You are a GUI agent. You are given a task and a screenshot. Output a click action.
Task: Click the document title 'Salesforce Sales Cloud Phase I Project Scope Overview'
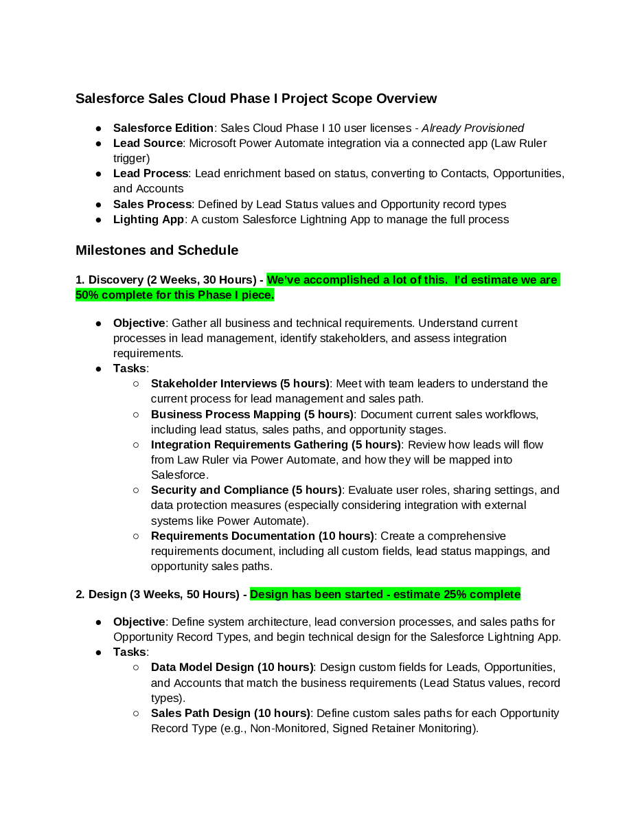tap(256, 99)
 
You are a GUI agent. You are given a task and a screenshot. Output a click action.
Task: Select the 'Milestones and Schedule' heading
tap(157, 251)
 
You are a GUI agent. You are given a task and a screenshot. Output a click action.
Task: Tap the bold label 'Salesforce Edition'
tap(163, 128)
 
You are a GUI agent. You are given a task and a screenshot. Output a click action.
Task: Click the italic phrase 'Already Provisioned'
tap(472, 128)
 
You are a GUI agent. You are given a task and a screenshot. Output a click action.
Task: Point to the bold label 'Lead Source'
tap(148, 144)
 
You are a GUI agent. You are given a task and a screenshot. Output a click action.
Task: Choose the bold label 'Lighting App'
tap(149, 220)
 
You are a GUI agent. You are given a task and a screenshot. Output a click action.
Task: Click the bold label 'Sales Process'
tap(152, 205)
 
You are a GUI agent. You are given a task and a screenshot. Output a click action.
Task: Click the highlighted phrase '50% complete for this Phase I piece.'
tap(175, 295)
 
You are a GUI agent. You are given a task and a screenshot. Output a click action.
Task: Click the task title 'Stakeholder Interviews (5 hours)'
tap(240, 384)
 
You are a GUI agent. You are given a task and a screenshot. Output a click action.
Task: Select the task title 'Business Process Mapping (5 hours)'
tap(252, 415)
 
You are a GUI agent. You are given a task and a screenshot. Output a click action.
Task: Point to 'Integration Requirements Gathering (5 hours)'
tap(276, 445)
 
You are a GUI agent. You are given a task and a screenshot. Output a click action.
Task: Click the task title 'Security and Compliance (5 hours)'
tap(246, 490)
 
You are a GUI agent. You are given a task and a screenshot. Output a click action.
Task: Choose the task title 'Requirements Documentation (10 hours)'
tap(262, 536)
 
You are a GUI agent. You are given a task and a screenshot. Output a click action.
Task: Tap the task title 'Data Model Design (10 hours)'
tap(232, 668)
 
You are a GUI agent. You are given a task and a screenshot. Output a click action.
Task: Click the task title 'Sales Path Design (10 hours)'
tap(231, 714)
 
